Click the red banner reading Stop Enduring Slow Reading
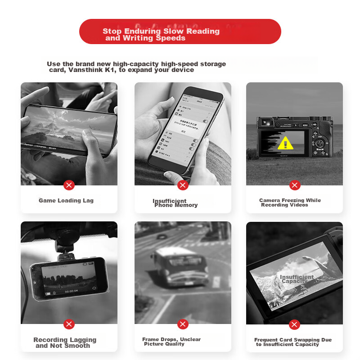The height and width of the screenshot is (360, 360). click(x=180, y=31)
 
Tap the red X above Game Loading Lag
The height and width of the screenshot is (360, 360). click(x=69, y=185)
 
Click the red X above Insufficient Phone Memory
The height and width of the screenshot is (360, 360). click(x=183, y=185)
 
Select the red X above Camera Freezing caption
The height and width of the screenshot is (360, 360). click(x=295, y=185)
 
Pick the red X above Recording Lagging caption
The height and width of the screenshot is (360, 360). click(x=69, y=324)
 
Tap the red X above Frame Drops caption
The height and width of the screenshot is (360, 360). click(x=183, y=324)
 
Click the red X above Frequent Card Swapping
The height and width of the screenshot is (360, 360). click(x=295, y=324)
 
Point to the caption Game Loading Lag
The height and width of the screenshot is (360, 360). click(x=66, y=201)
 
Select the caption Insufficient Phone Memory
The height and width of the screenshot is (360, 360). click(x=175, y=203)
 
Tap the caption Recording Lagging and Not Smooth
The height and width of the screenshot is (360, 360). click(x=64, y=342)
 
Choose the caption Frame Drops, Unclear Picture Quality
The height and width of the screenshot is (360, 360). click(x=171, y=342)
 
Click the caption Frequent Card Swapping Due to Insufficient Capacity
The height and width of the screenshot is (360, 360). click(x=292, y=342)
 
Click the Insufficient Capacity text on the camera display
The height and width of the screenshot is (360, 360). click(x=297, y=279)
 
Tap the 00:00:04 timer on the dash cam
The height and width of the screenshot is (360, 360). click(x=72, y=291)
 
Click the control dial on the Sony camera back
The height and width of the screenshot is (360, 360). click(x=320, y=143)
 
